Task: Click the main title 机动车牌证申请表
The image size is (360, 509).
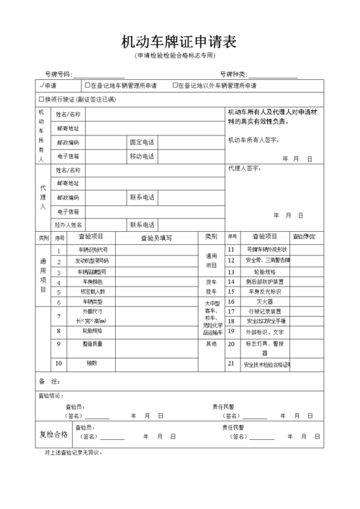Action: (179, 41)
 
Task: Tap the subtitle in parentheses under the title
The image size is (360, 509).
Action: (179, 56)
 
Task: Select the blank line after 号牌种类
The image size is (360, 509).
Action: (273, 74)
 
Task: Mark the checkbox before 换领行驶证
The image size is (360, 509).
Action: (41, 99)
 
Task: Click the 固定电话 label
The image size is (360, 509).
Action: (142, 142)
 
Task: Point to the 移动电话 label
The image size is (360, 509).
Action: (142, 156)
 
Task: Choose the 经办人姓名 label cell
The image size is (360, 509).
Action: (69, 225)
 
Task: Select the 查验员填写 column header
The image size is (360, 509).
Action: (156, 237)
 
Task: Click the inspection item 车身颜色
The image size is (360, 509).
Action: (91, 281)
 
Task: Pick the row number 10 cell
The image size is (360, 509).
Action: (59, 363)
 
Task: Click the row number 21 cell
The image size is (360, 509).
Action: (232, 364)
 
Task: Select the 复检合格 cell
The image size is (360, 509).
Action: (53, 434)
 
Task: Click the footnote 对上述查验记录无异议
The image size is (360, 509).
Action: (74, 453)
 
